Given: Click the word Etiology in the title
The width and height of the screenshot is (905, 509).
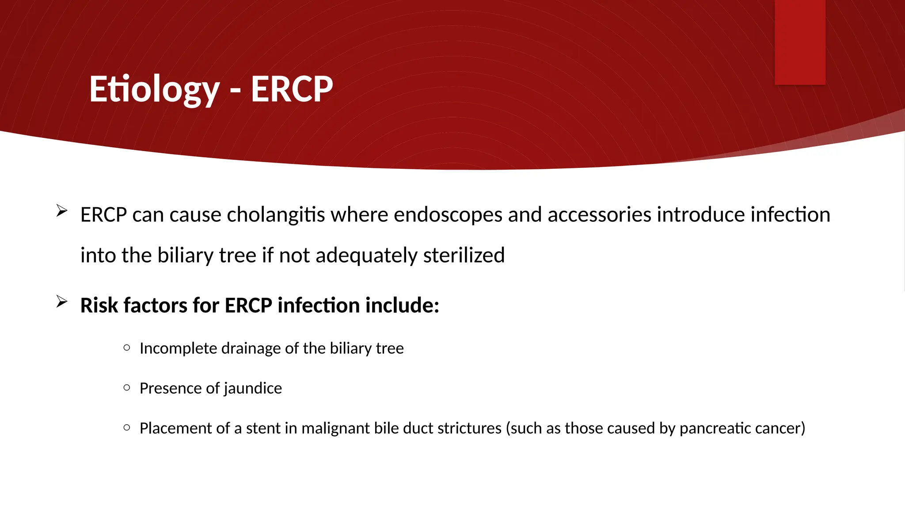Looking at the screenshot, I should pyautogui.click(x=154, y=89).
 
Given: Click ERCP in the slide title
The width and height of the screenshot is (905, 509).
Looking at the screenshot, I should pyautogui.click(x=292, y=89).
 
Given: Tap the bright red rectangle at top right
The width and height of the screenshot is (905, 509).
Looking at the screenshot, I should pyautogui.click(x=800, y=42).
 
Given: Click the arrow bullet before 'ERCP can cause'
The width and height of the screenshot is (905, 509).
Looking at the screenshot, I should pyautogui.click(x=62, y=211).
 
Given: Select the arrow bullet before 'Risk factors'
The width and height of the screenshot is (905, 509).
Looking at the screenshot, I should pyautogui.click(x=62, y=302).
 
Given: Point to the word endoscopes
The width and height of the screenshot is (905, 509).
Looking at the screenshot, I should pyautogui.click(x=448, y=215).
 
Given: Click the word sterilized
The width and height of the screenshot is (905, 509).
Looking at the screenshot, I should pyautogui.click(x=464, y=255).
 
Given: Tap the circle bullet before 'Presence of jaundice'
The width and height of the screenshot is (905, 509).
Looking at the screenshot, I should pyautogui.click(x=127, y=387).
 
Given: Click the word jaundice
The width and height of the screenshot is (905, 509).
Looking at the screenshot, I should pyautogui.click(x=253, y=388).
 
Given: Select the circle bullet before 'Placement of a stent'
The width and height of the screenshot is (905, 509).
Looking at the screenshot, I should pyautogui.click(x=127, y=427).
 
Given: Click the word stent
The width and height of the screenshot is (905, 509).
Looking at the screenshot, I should pyautogui.click(x=263, y=428).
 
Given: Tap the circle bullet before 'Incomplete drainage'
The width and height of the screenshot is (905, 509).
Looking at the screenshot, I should pyautogui.click(x=127, y=348).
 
